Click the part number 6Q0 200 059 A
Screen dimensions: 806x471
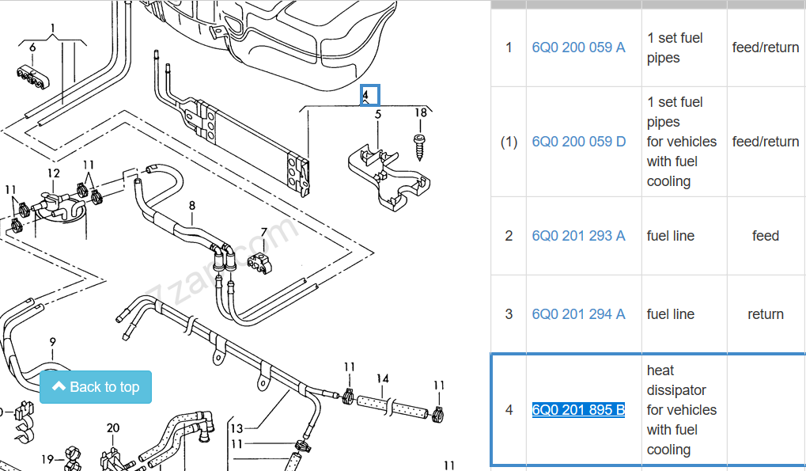click(578, 47)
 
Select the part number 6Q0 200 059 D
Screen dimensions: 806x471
click(579, 142)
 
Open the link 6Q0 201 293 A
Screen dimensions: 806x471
click(578, 236)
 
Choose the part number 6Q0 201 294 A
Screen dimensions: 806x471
click(578, 314)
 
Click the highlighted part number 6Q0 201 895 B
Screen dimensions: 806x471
click(578, 410)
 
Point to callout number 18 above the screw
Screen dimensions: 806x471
click(421, 112)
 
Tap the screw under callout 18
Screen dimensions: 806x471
click(419, 147)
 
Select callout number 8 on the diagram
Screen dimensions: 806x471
click(192, 206)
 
